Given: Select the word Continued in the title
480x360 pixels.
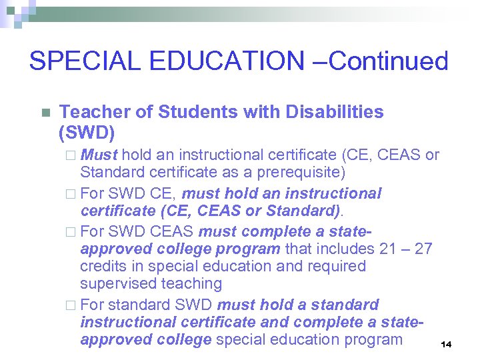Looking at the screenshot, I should (x=389, y=61).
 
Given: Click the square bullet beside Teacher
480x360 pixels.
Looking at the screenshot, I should (x=45, y=113).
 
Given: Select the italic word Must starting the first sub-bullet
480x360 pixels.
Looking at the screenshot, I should (x=99, y=155).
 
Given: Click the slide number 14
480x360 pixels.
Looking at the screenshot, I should (x=447, y=344).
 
